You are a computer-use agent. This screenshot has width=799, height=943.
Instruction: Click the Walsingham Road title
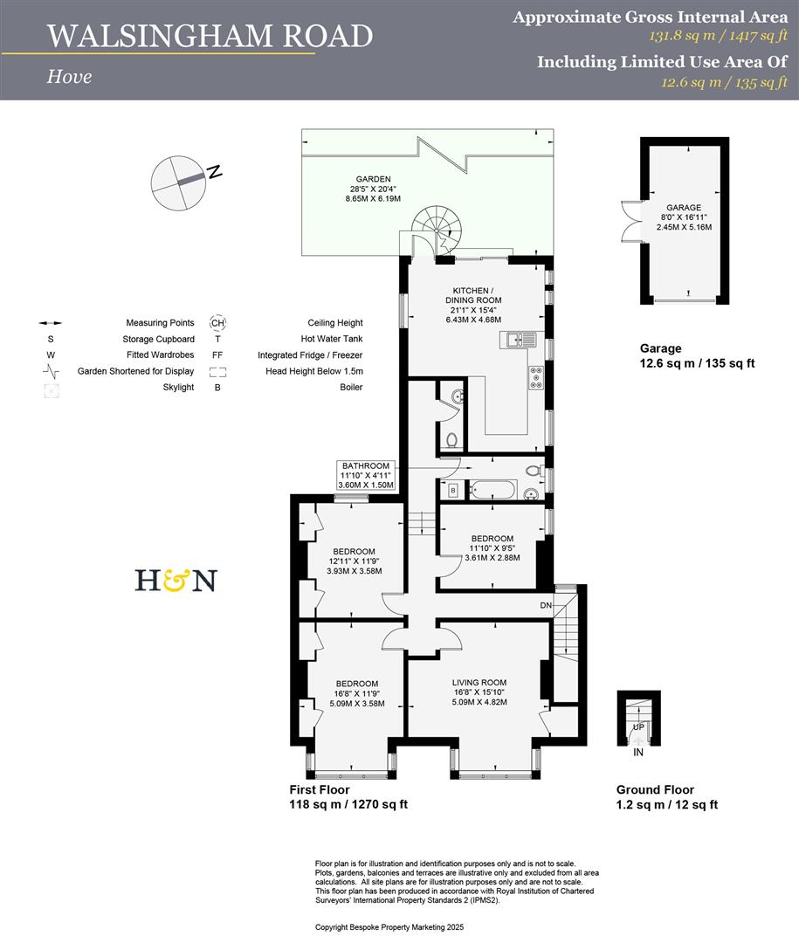pyautogui.click(x=210, y=36)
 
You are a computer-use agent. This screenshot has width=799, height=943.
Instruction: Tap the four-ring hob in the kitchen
pyautogui.click(x=535, y=377)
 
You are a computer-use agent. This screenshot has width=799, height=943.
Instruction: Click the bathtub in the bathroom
pyautogui.click(x=492, y=490)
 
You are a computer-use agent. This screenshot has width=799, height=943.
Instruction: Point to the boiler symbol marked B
pyautogui.click(x=453, y=491)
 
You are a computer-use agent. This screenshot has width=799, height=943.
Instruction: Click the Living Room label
pyautogui.click(x=479, y=692)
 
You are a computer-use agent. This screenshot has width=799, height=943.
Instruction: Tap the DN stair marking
pyautogui.click(x=546, y=605)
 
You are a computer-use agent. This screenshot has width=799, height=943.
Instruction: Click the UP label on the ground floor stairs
pyautogui.click(x=639, y=727)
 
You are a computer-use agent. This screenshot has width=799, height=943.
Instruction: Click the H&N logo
pyautogui.click(x=176, y=580)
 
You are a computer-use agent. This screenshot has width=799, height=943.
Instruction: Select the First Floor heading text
pyautogui.click(x=320, y=789)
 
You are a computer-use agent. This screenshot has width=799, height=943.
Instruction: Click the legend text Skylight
pyautogui.click(x=178, y=387)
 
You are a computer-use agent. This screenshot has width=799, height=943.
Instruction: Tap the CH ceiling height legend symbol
pyautogui.click(x=217, y=322)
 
